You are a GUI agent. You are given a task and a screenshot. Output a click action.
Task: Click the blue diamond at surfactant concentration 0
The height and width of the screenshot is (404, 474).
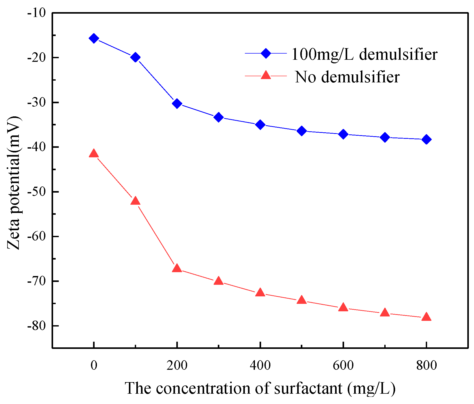(x=94, y=38)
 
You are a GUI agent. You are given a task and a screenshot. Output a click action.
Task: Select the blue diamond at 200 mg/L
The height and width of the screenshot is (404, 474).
(x=177, y=104)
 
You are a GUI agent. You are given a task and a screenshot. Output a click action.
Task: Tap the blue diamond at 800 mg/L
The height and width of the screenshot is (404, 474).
(x=426, y=139)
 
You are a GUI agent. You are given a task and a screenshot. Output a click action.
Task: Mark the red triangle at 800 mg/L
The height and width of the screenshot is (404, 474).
(x=426, y=317)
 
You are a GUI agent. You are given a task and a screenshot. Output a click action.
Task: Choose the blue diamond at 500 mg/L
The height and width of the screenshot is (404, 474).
(x=302, y=131)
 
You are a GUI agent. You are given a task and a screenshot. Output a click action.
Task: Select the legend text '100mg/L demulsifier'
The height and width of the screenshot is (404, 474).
(x=364, y=54)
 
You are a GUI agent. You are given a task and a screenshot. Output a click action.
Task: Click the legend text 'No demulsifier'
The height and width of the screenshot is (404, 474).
(x=347, y=77)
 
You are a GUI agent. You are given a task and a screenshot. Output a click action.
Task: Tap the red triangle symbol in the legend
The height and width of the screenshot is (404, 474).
(x=266, y=75)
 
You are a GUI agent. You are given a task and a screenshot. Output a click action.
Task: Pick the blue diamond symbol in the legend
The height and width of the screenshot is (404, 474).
(x=266, y=53)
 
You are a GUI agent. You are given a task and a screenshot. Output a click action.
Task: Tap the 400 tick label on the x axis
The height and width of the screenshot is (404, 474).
(x=260, y=365)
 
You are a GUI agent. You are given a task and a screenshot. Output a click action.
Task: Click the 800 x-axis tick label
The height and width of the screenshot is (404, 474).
(x=426, y=365)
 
